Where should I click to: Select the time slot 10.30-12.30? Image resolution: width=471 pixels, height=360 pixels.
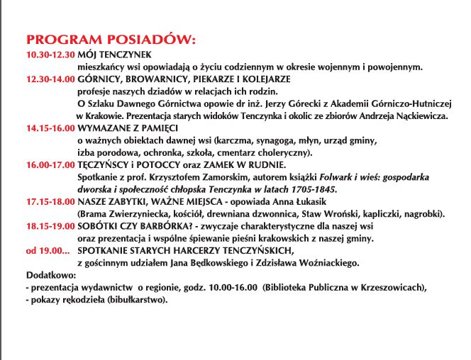(49, 55)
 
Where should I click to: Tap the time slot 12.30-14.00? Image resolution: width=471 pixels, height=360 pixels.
(49, 80)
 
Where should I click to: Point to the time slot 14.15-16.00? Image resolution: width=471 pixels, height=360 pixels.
(49, 128)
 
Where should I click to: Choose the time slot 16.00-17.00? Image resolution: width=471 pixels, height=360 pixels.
(49, 164)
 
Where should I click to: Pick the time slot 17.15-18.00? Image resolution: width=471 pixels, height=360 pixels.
(49, 201)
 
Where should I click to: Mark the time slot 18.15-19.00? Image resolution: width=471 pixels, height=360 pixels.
(49, 225)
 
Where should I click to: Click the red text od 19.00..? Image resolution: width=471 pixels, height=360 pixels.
(47, 250)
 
